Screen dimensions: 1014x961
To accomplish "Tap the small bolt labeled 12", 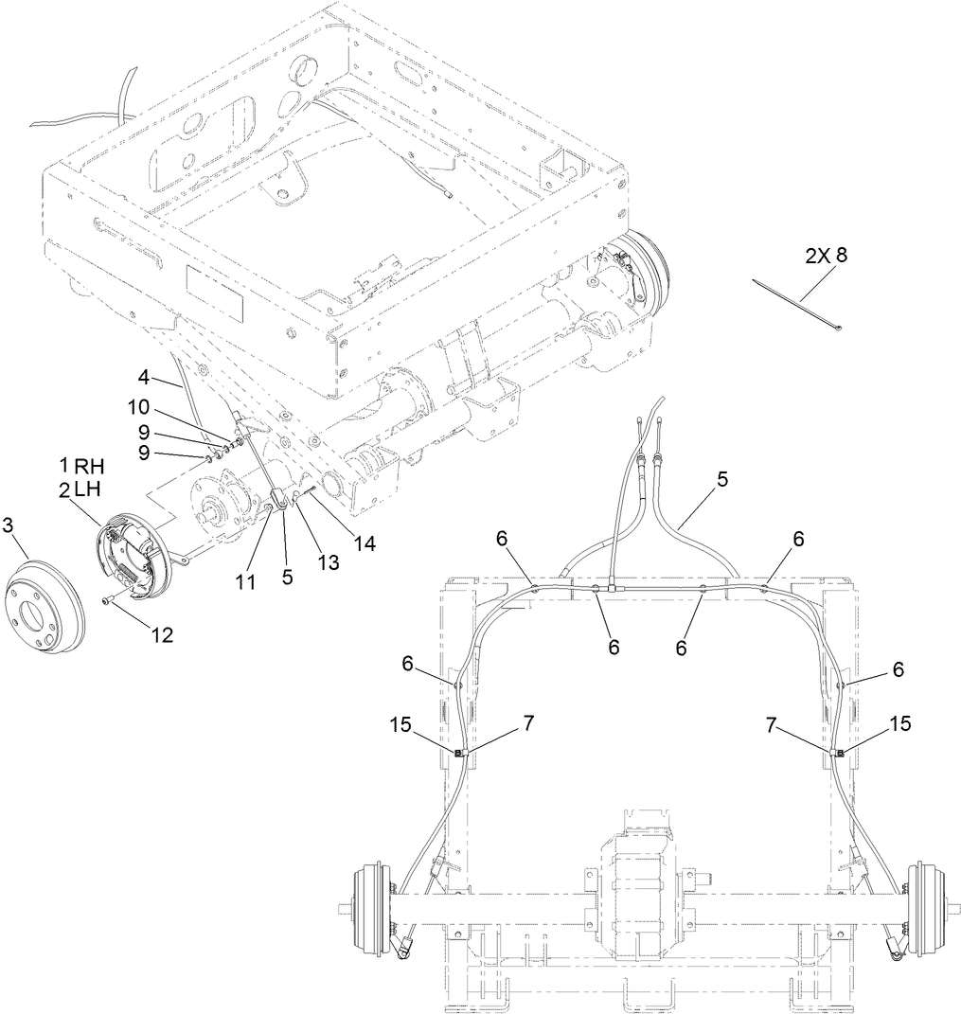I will click(x=107, y=600).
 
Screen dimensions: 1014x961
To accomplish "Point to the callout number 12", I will click(x=161, y=635).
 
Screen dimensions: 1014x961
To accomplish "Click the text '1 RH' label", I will click(x=80, y=466).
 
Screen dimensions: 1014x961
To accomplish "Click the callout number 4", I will click(x=143, y=376).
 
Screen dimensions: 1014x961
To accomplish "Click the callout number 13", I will click(x=329, y=562).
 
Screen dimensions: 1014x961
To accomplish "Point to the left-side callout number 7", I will click(x=527, y=723).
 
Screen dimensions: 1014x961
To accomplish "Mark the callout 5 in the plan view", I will click(x=722, y=479).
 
